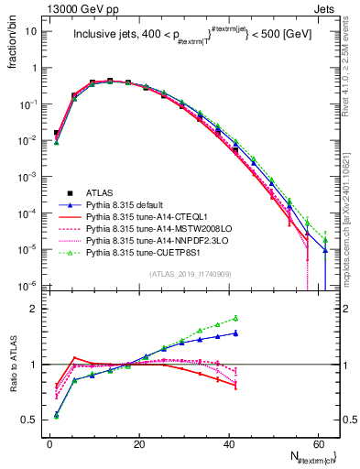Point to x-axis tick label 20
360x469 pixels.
tap(139, 442)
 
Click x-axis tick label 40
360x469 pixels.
tap(228, 442)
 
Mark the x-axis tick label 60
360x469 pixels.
tap(317, 442)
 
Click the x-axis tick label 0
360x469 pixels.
tap(49, 442)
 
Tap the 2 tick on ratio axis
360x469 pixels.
tap(36, 309)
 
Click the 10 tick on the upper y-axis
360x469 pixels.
tap(31, 30)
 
